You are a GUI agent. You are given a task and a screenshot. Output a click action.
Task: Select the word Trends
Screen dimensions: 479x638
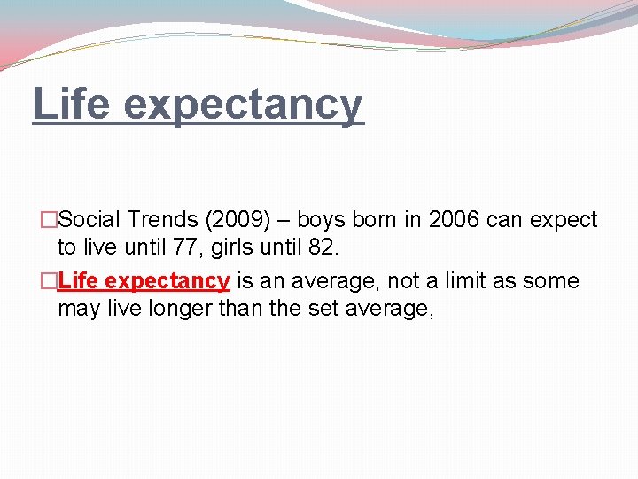[x=160, y=219]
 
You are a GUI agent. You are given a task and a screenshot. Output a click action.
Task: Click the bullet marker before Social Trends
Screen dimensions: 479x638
[x=50, y=220]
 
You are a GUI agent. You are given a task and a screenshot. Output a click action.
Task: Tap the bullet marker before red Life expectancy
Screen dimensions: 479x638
[x=50, y=282]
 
